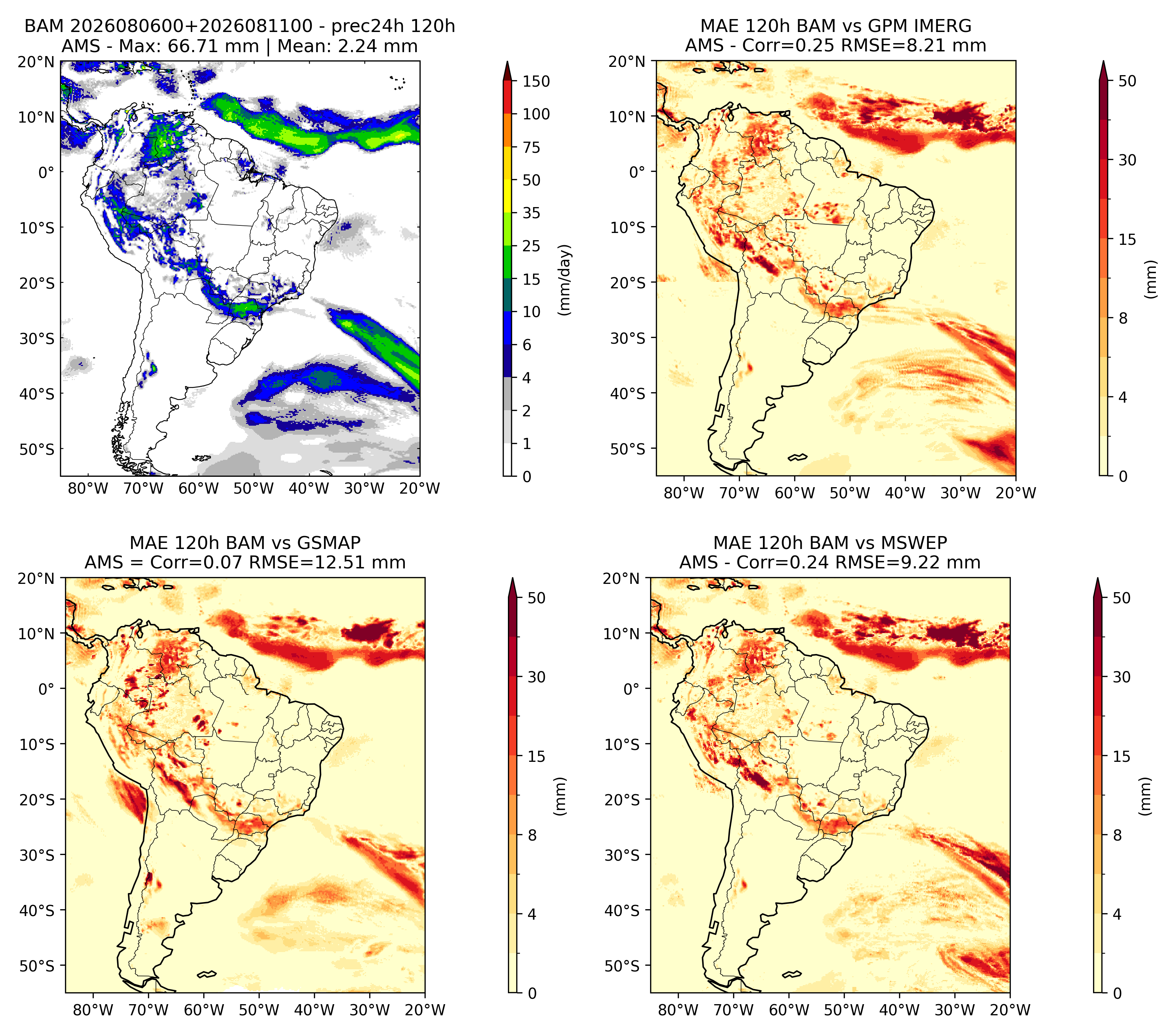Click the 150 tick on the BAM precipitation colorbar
[x=536, y=81]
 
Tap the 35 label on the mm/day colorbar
[x=531, y=213]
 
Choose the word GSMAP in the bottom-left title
[x=329, y=543]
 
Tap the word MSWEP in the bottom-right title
[x=917, y=543]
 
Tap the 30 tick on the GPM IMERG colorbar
[x=1127, y=160]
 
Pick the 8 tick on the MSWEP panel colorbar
[x=1117, y=836]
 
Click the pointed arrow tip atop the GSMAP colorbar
[x=513, y=578]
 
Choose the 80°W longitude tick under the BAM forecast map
[x=88, y=488]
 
